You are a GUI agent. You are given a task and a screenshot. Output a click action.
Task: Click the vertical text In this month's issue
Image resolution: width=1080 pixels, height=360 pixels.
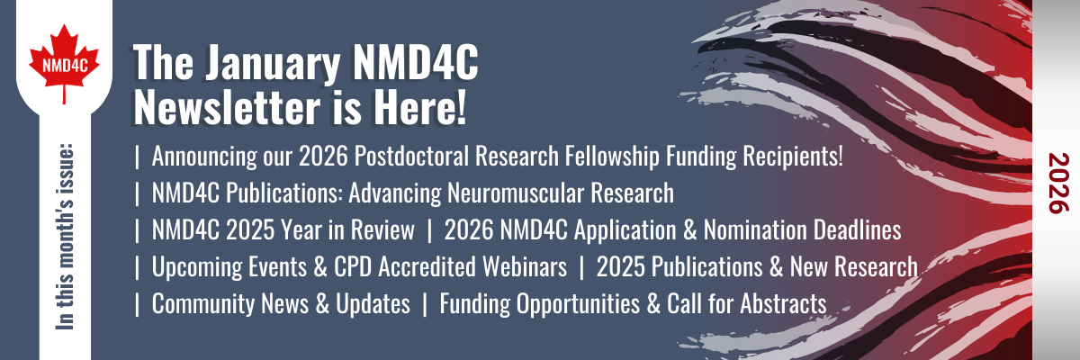(x=65, y=233)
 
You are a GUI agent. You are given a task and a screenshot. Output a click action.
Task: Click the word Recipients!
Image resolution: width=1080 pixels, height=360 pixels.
(x=796, y=156)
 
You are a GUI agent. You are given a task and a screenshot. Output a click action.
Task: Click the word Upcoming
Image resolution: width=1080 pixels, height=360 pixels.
(x=192, y=267)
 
